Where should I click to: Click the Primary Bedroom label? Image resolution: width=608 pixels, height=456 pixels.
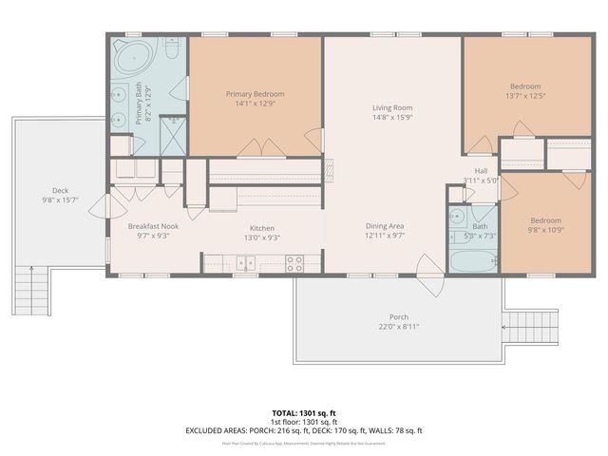click(x=255, y=94)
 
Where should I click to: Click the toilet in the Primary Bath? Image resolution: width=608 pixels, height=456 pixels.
click(x=172, y=46)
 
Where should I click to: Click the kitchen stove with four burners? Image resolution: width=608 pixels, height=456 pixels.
click(x=294, y=263)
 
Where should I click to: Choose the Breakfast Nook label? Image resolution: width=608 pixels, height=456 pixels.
click(x=153, y=226)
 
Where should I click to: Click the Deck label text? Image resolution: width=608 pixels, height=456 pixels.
click(x=60, y=190)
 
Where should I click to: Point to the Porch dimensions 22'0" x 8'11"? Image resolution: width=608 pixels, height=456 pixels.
click(x=399, y=327)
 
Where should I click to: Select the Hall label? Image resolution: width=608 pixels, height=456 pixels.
click(x=481, y=170)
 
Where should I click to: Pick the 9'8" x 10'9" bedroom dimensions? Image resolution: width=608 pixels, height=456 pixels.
click(x=545, y=230)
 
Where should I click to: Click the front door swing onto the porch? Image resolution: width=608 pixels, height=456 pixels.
click(x=429, y=285)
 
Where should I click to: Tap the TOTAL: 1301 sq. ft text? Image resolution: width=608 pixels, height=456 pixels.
click(x=304, y=413)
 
